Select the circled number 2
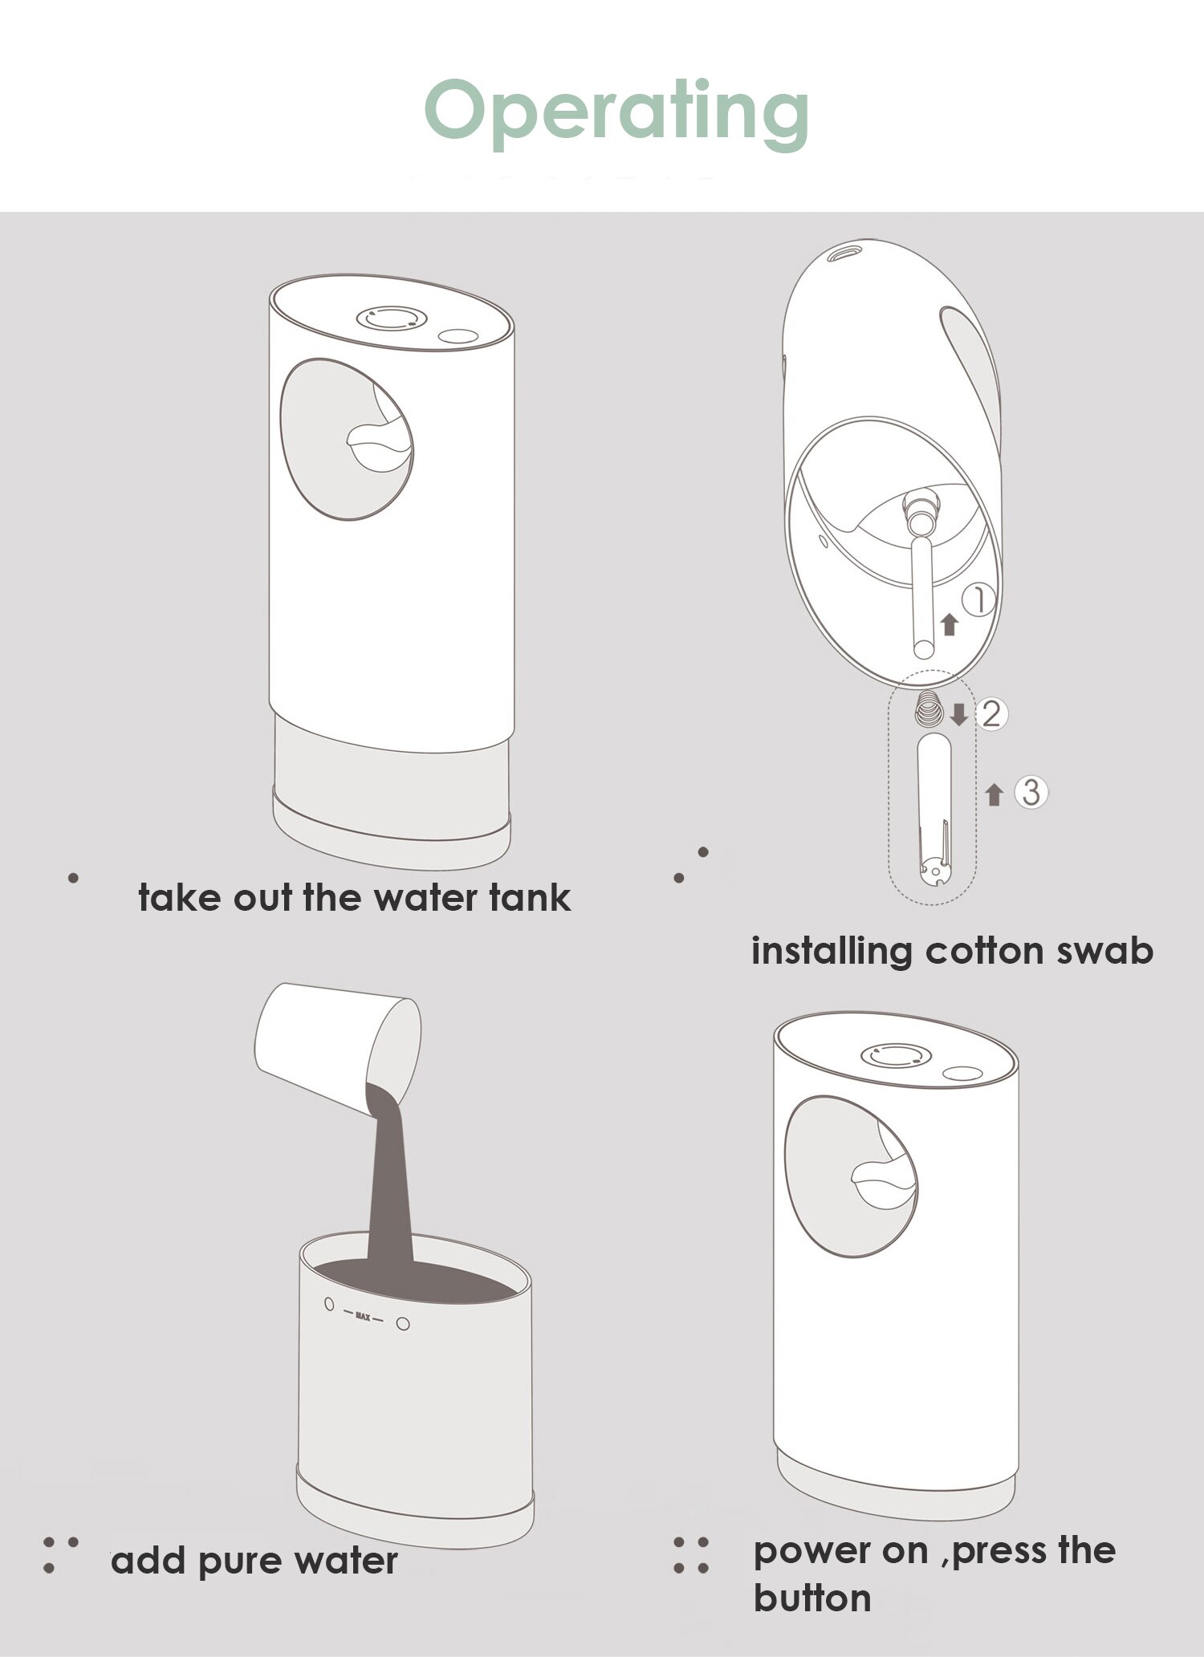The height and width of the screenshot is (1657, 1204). (991, 713)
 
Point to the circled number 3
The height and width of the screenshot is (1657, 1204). (1031, 792)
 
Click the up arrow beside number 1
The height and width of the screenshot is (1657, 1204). (950, 624)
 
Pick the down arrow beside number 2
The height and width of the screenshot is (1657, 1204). (958, 714)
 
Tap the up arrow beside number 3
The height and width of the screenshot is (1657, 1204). (995, 794)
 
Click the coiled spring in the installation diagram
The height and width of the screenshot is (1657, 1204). (930, 709)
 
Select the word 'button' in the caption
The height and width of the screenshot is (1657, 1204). (812, 1598)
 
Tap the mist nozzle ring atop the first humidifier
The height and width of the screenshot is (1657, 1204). (388, 318)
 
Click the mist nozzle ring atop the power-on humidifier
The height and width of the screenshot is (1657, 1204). (893, 1055)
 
